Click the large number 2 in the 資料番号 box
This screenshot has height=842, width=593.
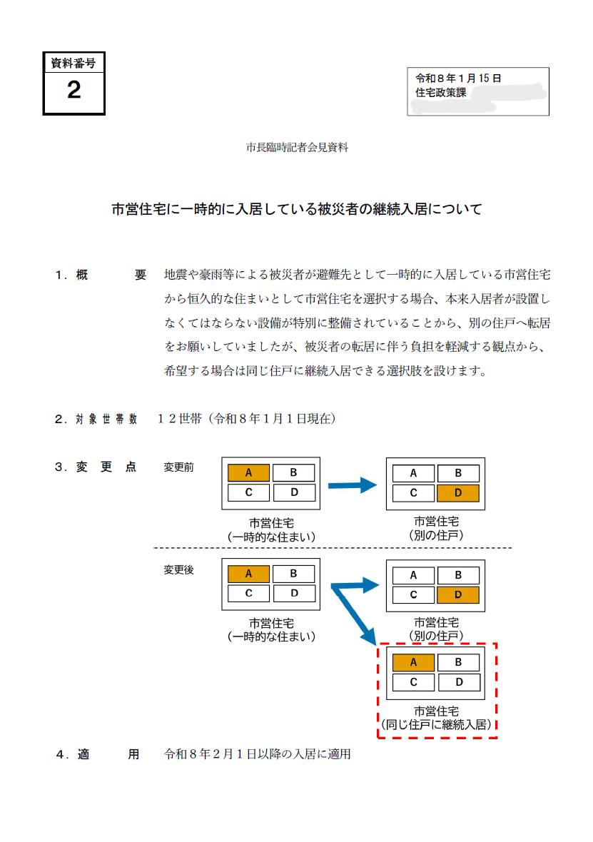tap(74, 91)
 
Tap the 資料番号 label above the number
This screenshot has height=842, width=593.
tap(74, 64)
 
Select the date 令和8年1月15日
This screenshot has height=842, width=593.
tap(458, 78)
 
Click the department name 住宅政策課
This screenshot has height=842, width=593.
tap(440, 92)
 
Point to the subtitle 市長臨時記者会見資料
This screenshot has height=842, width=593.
tap(297, 148)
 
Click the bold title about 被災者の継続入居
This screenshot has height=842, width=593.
tap(297, 210)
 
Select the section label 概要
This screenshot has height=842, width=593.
tap(101, 275)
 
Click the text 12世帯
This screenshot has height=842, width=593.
tap(181, 419)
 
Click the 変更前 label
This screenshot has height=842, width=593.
tap(178, 468)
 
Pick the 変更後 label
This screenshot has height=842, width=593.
tap(178, 570)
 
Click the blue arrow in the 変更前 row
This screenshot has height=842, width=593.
tap(352, 486)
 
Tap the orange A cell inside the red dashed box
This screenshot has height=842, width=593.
tap(413, 663)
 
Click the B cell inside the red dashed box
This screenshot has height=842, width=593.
tap(458, 663)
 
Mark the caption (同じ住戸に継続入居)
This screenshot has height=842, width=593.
tap(437, 724)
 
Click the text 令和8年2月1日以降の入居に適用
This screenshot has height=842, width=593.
tap(258, 754)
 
